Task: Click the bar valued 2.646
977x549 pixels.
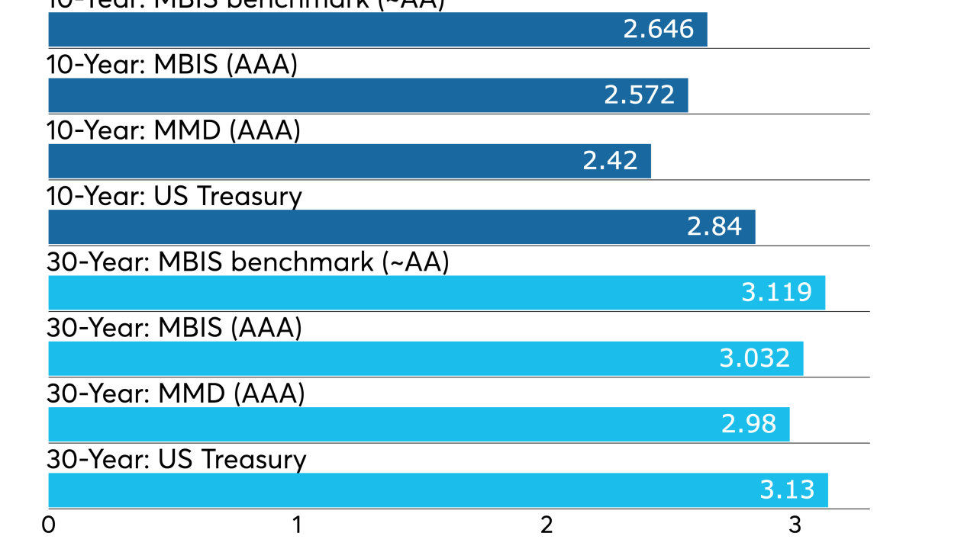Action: pyautogui.click(x=378, y=30)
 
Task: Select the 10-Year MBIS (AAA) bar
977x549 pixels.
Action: pyautogui.click(x=368, y=95)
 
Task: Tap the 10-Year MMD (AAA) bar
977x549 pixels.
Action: pyautogui.click(x=350, y=161)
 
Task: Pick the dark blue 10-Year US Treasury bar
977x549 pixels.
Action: pyautogui.click(x=401, y=227)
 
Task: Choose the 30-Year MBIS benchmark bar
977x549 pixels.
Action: pyautogui.click(x=437, y=293)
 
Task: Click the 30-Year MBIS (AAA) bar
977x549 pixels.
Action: pyautogui.click(x=426, y=358)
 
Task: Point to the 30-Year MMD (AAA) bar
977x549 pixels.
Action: pyautogui.click(x=419, y=424)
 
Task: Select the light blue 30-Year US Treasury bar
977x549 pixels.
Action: pyautogui.click(x=438, y=490)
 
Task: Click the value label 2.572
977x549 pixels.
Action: pyautogui.click(x=639, y=95)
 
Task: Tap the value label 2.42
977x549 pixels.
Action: pyautogui.click(x=610, y=161)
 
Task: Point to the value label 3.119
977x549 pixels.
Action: pyautogui.click(x=776, y=293)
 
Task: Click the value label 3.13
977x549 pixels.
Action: pyautogui.click(x=787, y=490)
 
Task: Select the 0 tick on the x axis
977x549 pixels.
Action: pyautogui.click(x=49, y=525)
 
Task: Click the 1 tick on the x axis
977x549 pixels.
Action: pyautogui.click(x=297, y=525)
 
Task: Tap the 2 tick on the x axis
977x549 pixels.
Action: pyautogui.click(x=547, y=525)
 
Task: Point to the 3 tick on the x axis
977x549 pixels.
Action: pyautogui.click(x=795, y=525)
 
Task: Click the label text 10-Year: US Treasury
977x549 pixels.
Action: pyautogui.click(x=175, y=197)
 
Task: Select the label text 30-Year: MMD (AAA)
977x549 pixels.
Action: pyautogui.click(x=176, y=394)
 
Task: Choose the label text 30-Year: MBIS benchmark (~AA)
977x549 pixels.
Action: pyautogui.click(x=248, y=262)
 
